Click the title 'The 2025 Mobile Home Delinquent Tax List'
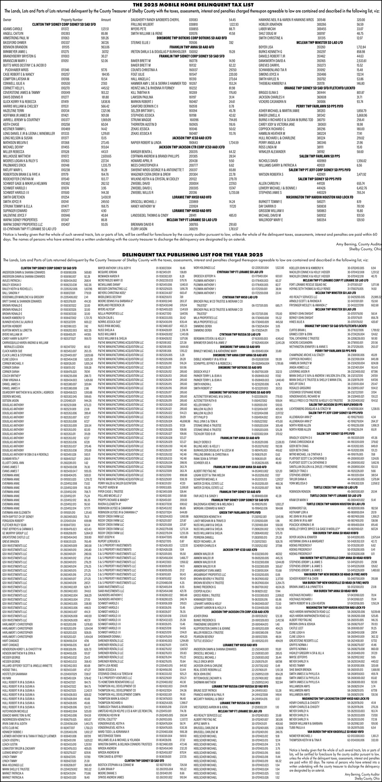[191, 4]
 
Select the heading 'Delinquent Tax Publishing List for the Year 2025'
[191, 255]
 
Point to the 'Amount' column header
[106, 19]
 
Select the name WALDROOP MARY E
[272, 220]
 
